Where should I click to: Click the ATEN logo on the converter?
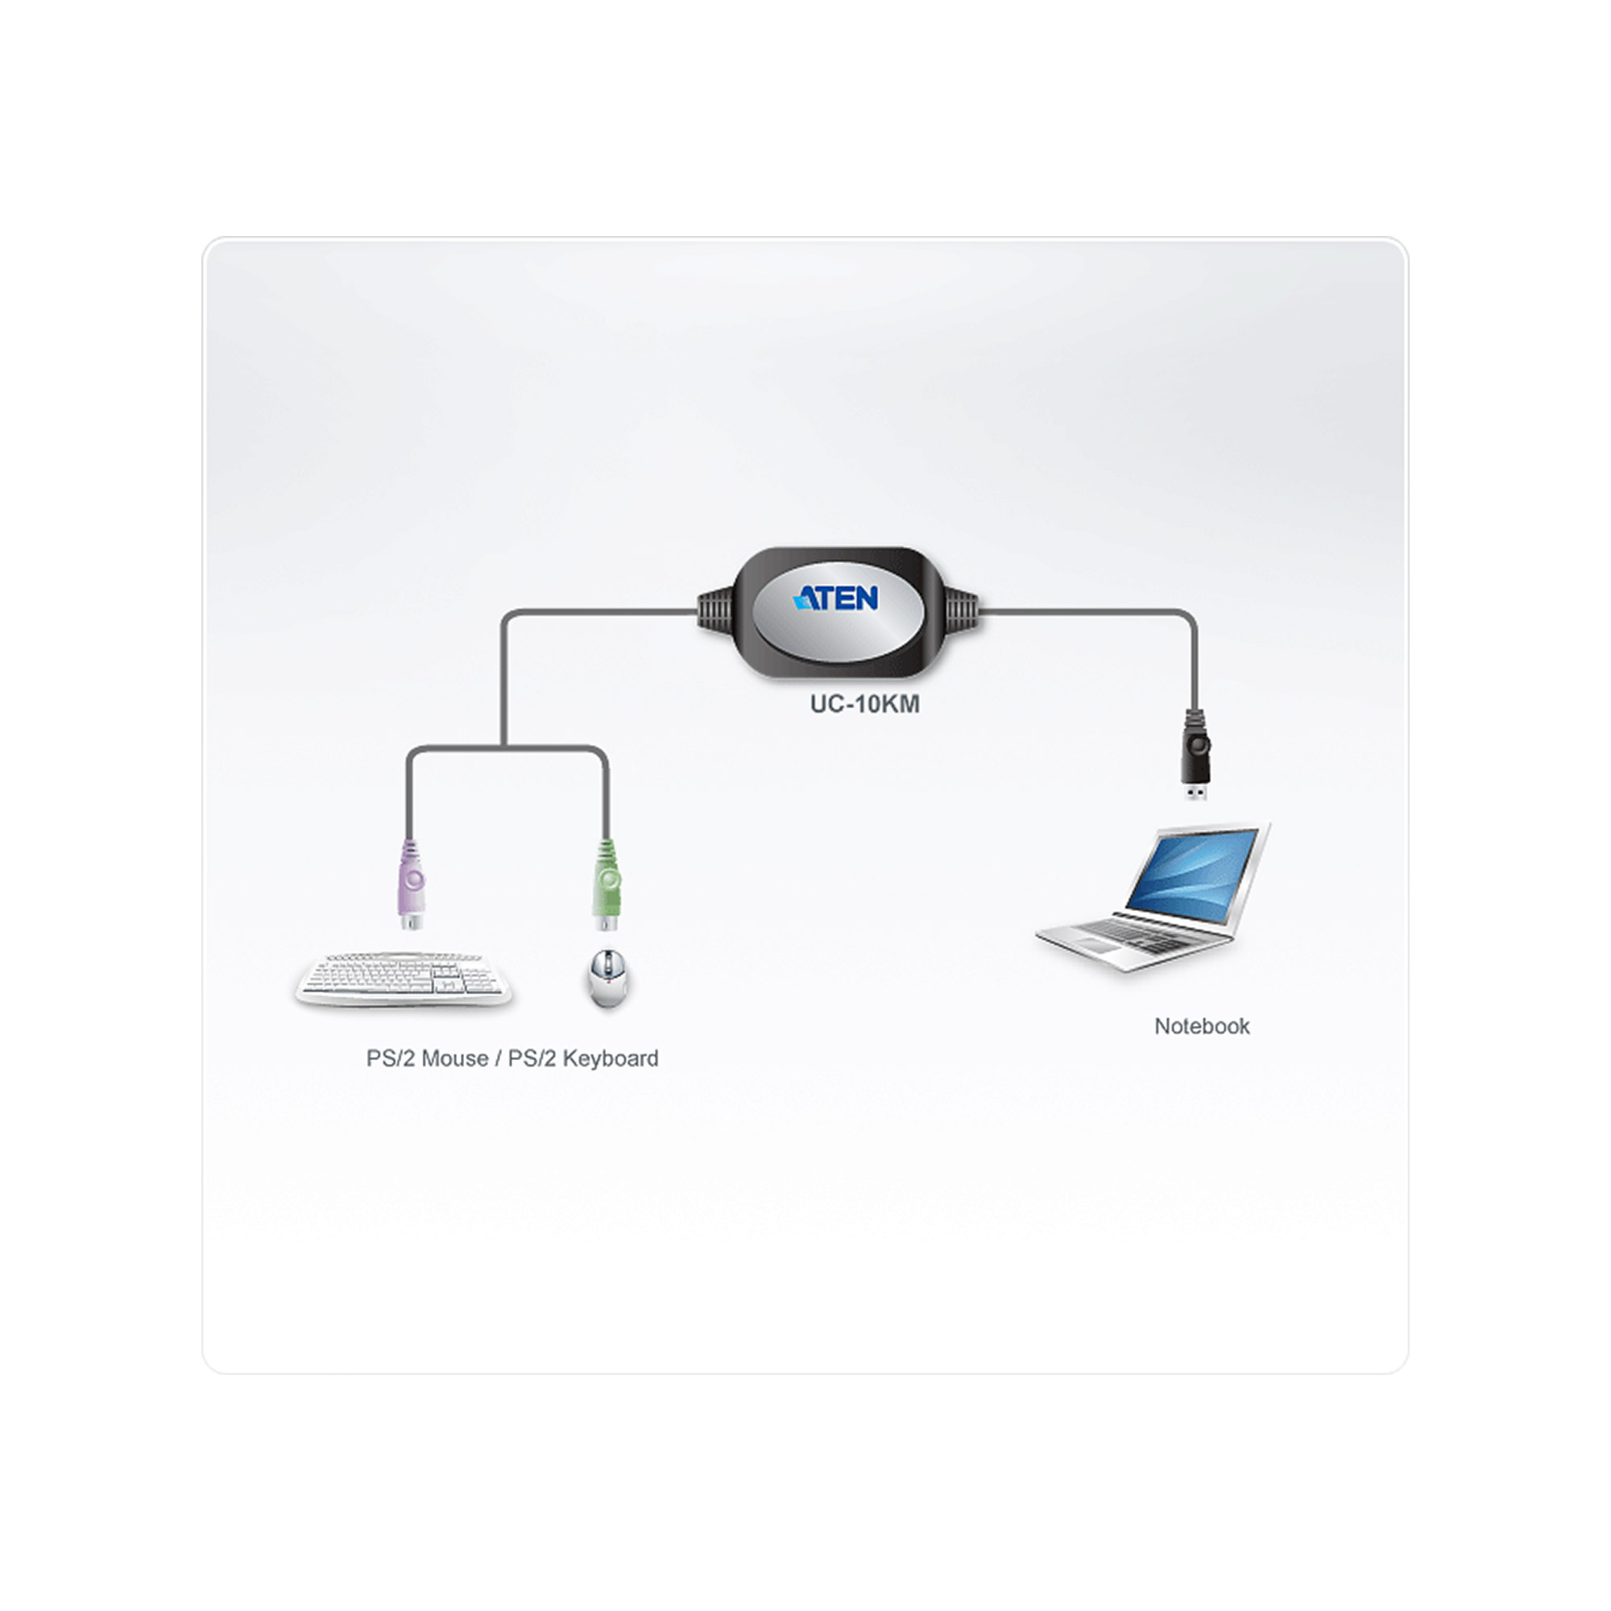(x=835, y=598)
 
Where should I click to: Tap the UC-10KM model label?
(x=864, y=704)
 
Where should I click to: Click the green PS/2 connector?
(x=607, y=884)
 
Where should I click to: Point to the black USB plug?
(x=1195, y=755)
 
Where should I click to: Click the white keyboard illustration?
(x=403, y=979)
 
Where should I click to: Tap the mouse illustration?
(x=608, y=977)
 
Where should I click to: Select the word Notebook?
(x=1202, y=1026)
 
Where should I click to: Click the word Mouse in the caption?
(x=455, y=1058)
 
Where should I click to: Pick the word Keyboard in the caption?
(x=611, y=1058)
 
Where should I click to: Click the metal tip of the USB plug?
(x=1195, y=792)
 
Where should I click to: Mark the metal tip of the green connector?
(x=607, y=922)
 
